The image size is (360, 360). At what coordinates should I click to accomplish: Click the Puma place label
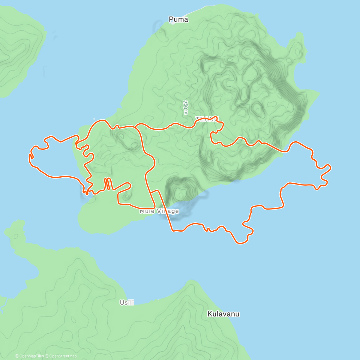coord(178,19)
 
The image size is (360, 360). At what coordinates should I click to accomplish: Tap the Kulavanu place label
coord(223,314)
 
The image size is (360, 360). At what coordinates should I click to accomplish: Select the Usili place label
coord(127,302)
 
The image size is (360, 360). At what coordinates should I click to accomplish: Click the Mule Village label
coord(159,211)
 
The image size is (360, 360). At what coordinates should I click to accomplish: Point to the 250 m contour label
coord(186,107)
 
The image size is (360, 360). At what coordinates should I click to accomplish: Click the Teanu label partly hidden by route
coord(207,118)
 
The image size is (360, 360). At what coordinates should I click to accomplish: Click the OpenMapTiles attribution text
coord(29,356)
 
